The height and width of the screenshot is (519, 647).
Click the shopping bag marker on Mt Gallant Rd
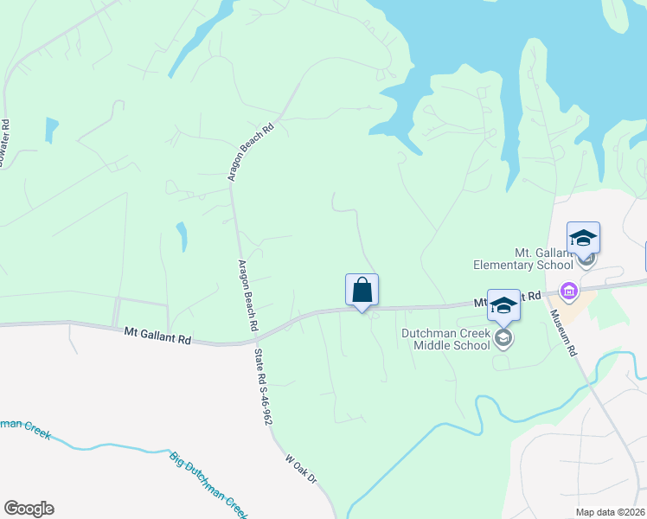[362, 291]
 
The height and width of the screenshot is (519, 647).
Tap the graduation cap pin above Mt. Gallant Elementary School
[583, 238]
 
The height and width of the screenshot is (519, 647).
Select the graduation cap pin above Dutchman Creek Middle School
[503, 305]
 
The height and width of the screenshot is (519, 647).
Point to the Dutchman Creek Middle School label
[445, 338]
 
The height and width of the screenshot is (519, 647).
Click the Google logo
[29, 509]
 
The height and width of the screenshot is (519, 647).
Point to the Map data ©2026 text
[610, 512]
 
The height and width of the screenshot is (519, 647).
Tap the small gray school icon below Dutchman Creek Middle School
[503, 339]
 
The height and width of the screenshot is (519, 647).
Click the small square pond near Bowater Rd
[52, 130]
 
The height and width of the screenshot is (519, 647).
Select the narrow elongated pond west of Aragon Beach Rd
[182, 235]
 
